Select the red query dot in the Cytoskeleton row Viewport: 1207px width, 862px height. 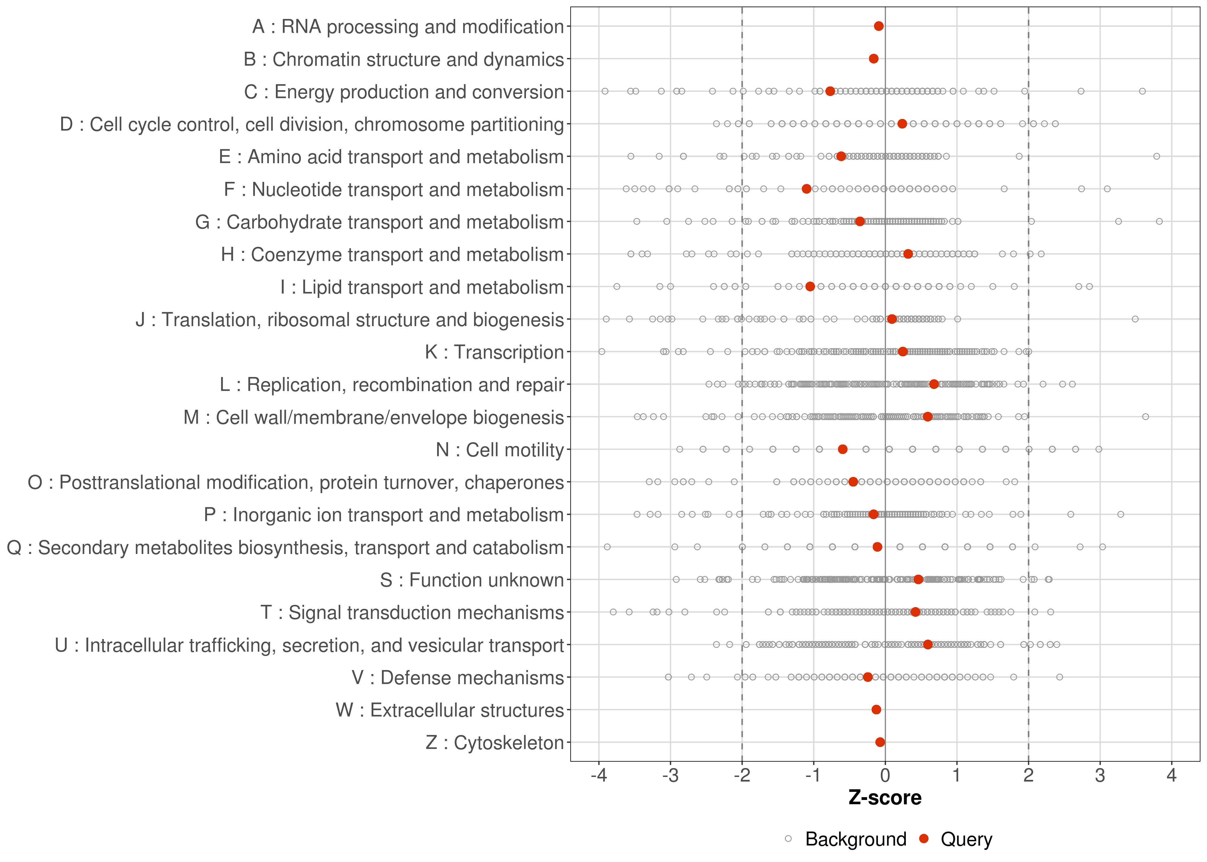coord(880,742)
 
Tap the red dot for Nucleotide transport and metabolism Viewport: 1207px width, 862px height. coord(806,189)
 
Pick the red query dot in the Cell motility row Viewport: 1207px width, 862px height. coord(842,449)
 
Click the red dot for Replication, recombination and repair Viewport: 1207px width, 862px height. coord(934,384)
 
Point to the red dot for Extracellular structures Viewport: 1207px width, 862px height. coord(876,710)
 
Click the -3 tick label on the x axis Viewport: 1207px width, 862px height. coord(670,776)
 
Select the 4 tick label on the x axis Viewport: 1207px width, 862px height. coord(1171,776)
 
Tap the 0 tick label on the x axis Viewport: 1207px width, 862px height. coord(885,776)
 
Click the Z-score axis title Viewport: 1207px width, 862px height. coord(885,798)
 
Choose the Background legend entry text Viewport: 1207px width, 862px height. coord(856,839)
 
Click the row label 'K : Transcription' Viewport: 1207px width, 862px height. coord(494,352)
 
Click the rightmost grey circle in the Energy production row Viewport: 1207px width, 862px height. coord(1142,91)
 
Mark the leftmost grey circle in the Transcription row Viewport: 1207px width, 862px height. coord(601,351)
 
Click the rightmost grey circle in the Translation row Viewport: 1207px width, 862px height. coord(1135,319)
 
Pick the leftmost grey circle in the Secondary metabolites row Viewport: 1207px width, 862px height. coord(607,547)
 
